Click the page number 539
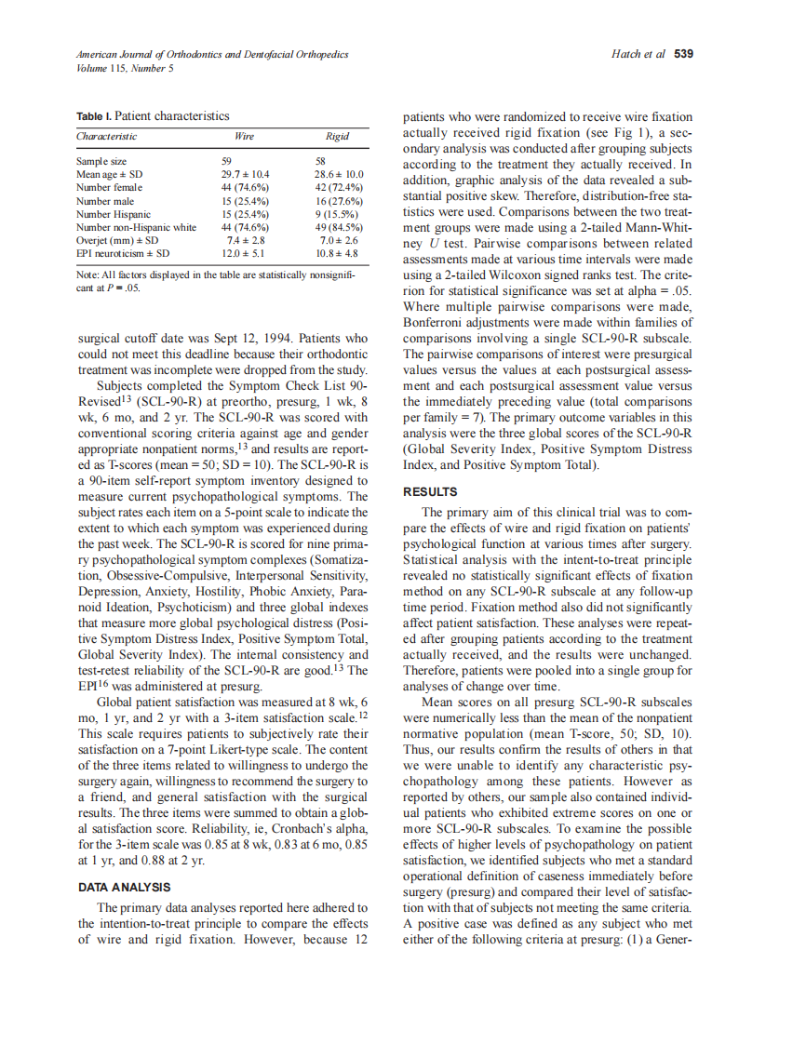683,54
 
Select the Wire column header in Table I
244,137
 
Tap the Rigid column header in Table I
338,137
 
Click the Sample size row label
101,161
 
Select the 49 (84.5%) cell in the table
339,226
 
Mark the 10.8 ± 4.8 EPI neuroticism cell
337,252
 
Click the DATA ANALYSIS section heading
124,888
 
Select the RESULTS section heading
429,491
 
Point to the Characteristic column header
107,137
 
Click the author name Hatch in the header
625,54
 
